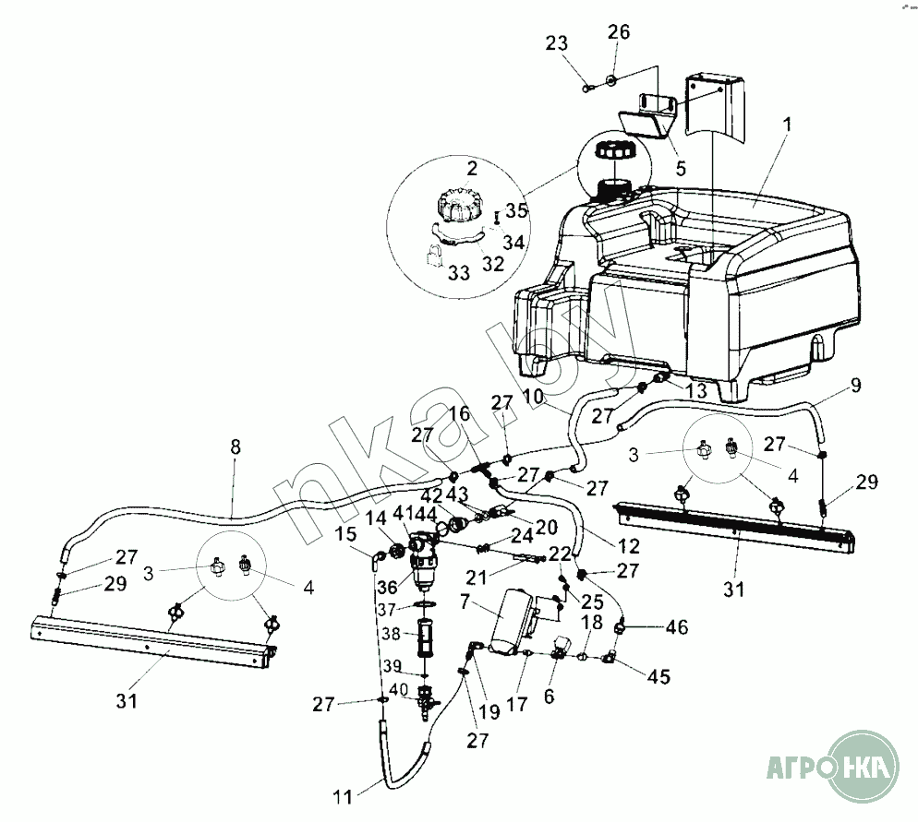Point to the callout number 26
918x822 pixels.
tap(618, 32)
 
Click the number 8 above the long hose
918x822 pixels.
tap(235, 446)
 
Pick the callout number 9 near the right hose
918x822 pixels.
tap(854, 385)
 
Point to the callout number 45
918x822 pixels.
tap(658, 676)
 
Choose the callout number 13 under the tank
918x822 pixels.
tap(697, 392)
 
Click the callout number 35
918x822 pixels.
tap(516, 209)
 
